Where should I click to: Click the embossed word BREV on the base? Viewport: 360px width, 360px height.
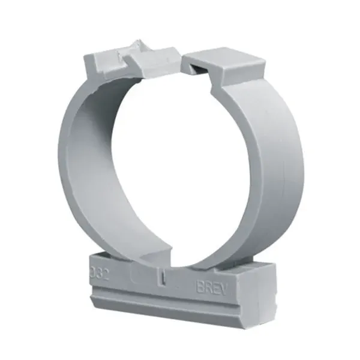pos(212,286)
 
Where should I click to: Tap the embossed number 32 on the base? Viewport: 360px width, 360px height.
pos(100,273)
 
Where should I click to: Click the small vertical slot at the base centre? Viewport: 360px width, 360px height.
pos(164,278)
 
